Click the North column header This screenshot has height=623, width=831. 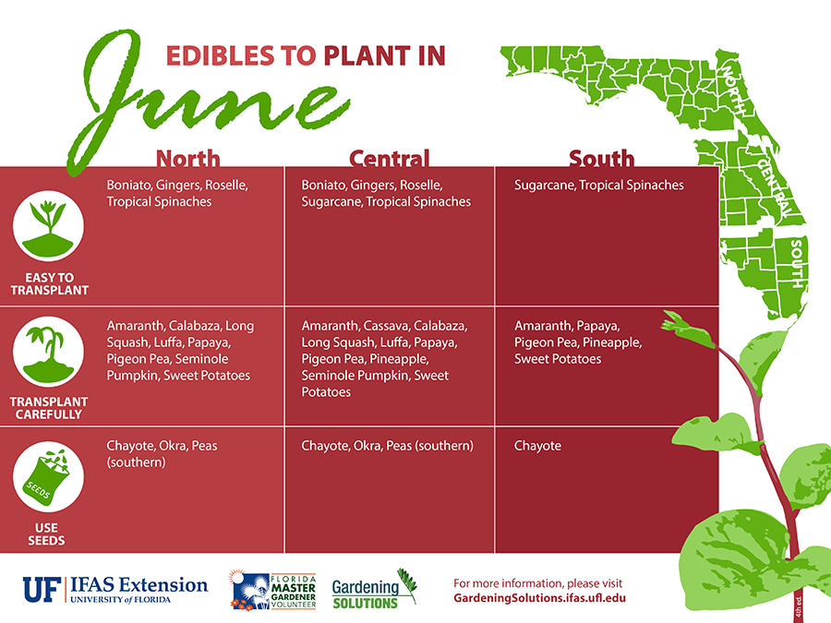coord(187,158)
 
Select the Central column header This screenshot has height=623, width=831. coord(389,158)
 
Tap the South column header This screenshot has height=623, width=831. coord(601,158)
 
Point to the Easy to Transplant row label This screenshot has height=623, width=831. coord(49,283)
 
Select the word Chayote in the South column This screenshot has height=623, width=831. coord(537,446)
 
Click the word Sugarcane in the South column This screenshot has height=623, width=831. coord(544,185)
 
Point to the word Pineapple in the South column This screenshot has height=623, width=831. coord(611,342)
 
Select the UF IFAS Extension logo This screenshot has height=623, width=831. coord(115,589)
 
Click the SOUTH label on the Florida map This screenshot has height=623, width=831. coord(796,263)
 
